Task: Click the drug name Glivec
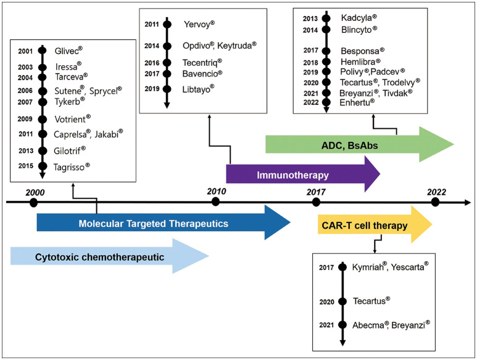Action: pos(68,51)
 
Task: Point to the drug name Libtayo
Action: pos(199,89)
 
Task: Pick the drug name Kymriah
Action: pos(371,267)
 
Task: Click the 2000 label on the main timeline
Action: pos(35,191)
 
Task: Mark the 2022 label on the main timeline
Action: pos(436,192)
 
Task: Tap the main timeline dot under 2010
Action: pos(215,202)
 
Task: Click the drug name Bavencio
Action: pos(202,74)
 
